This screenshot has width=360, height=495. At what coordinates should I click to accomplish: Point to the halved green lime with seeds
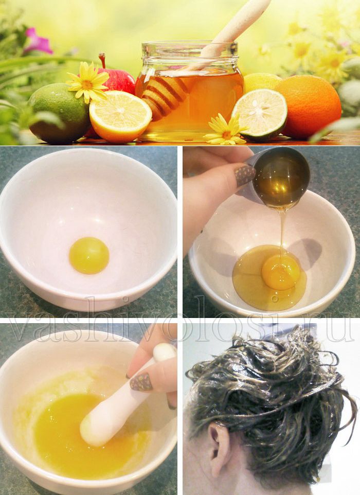click(x=260, y=114)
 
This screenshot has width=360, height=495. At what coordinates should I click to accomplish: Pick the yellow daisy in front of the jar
click(x=226, y=131)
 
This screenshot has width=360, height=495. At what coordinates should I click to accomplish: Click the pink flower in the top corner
click(x=39, y=41)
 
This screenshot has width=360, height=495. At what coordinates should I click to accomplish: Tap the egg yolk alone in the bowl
click(x=89, y=255)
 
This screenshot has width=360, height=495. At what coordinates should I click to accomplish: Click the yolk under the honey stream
click(x=281, y=272)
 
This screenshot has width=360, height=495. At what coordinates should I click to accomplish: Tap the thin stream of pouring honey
click(x=282, y=234)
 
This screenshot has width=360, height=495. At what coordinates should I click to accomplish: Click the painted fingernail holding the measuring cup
click(x=245, y=175)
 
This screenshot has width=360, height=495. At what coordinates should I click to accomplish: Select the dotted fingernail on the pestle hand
click(x=141, y=382)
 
